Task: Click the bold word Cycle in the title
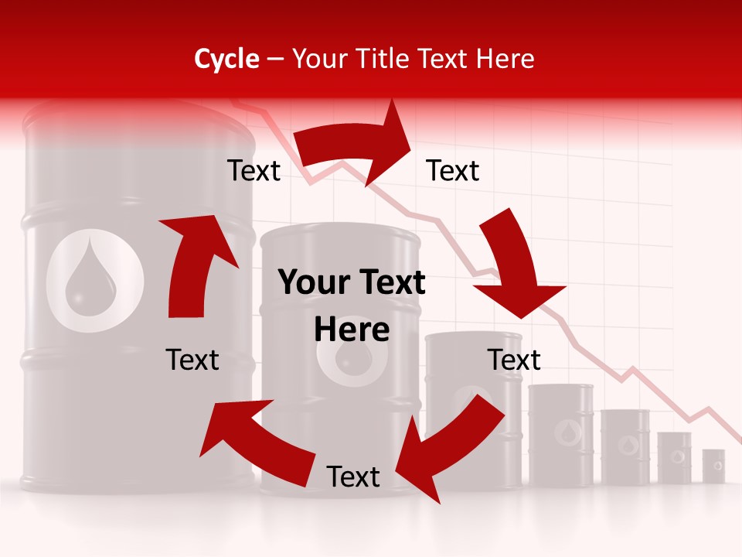226,59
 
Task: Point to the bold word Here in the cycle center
352,330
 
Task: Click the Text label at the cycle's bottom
352,477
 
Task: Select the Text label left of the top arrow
254,171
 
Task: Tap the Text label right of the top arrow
453,171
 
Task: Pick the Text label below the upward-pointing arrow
192,360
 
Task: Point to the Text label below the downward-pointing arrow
514,360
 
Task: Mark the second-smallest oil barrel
674,458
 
